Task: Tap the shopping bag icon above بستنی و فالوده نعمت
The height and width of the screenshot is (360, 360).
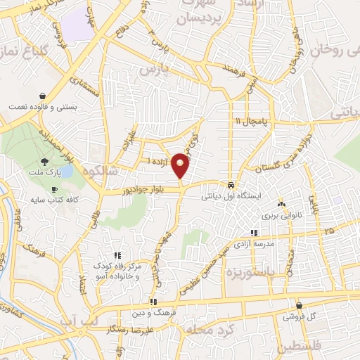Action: (x=43, y=95)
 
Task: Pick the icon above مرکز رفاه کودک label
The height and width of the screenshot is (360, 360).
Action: (x=117, y=256)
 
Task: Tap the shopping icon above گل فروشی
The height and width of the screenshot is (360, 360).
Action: (x=300, y=306)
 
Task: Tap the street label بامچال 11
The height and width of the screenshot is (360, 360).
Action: (x=251, y=122)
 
